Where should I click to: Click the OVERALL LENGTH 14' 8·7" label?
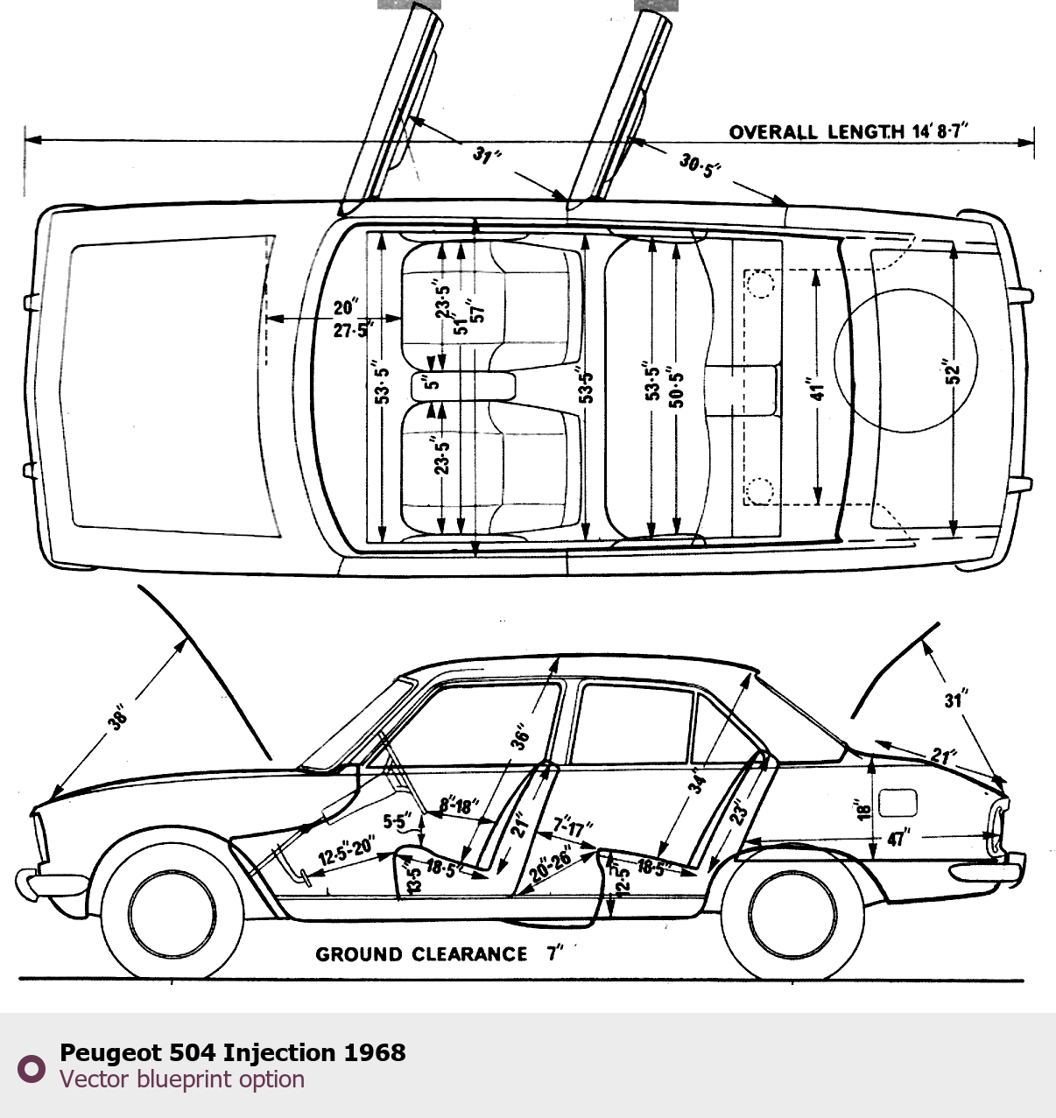pos(848,132)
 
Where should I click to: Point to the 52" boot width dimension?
pos(954,372)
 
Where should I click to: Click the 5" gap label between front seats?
pos(432,383)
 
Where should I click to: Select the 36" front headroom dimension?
pos(521,736)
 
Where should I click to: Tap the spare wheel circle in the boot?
pos(905,361)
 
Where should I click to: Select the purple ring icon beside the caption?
pos(32,1068)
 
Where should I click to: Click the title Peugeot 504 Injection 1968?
pos(233,1052)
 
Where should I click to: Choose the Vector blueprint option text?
pos(182,1079)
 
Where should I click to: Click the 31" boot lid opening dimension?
pos(954,700)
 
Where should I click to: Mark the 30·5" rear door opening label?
pos(700,165)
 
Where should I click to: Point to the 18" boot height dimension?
pos(864,810)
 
